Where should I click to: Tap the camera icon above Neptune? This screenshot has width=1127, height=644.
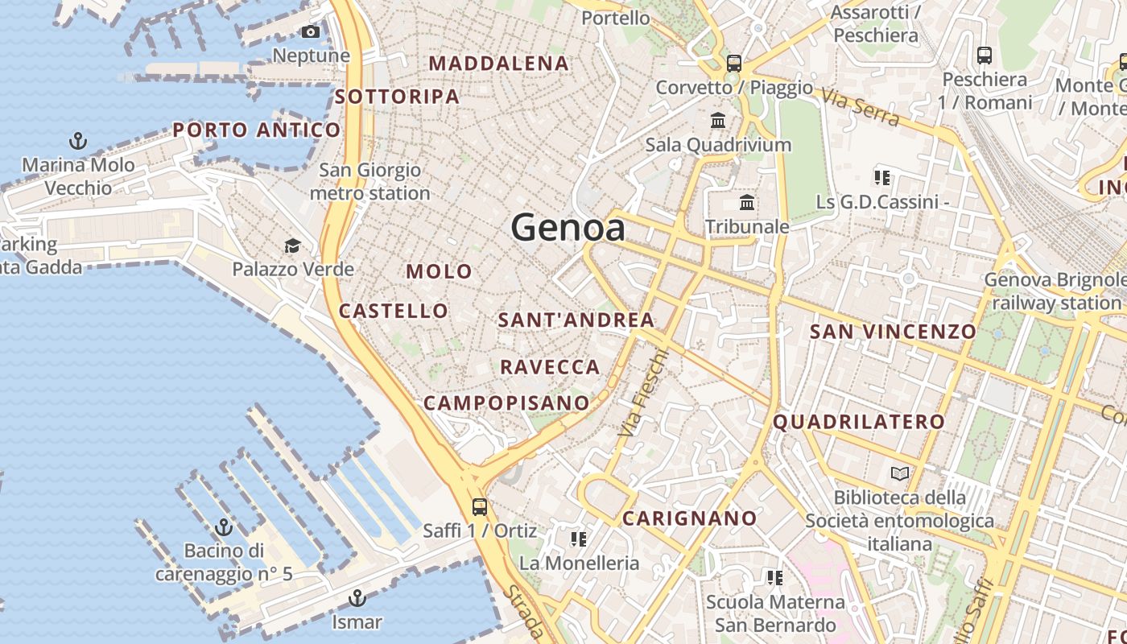click(310, 32)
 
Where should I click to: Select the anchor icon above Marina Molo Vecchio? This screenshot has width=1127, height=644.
click(78, 142)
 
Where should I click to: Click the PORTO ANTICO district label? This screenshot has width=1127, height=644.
click(257, 130)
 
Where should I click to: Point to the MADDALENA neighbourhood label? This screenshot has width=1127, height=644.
click(499, 63)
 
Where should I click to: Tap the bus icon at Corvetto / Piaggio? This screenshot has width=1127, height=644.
click(733, 63)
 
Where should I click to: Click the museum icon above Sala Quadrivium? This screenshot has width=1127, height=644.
click(718, 121)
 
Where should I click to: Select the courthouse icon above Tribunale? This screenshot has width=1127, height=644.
click(747, 202)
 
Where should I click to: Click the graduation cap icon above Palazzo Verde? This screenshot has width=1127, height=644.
click(292, 245)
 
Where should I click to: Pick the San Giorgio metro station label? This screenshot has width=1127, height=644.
click(369, 182)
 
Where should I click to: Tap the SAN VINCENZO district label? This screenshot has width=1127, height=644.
click(893, 331)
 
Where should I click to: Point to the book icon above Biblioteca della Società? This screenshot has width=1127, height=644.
click(899, 473)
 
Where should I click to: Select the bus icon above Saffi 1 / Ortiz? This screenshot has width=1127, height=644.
click(479, 506)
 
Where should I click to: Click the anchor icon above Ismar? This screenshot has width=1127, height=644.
click(357, 598)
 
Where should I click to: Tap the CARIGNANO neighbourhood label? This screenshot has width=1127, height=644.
click(690, 518)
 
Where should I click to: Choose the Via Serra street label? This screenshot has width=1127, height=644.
click(861, 109)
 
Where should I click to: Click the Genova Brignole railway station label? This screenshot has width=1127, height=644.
click(1055, 291)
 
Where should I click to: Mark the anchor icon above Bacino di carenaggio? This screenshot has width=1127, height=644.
click(224, 527)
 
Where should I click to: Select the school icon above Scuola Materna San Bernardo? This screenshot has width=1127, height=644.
click(774, 577)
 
